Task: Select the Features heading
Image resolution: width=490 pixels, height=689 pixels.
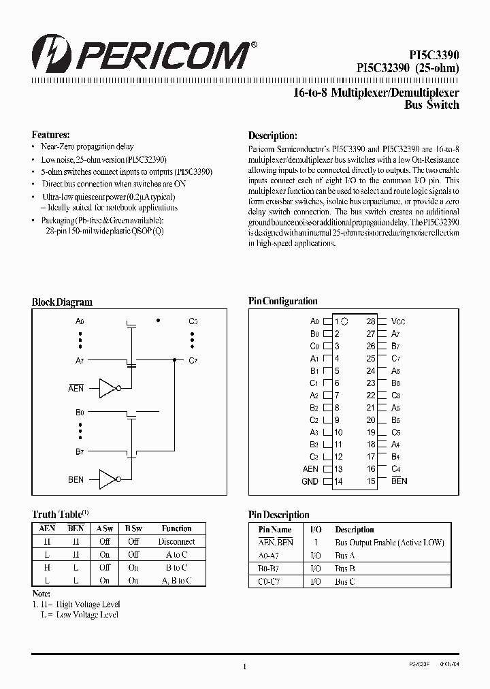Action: [x=50, y=135]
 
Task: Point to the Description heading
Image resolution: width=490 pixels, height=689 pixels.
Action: [x=272, y=135]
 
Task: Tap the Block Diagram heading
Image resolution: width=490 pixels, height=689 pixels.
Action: [x=62, y=302]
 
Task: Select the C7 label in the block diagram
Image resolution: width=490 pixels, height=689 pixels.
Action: [x=193, y=360]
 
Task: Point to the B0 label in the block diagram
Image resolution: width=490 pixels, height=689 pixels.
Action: [x=80, y=412]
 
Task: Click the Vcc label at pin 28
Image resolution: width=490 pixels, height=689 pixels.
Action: [x=399, y=321]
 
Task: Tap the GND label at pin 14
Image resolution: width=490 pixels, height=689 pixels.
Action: [x=310, y=481]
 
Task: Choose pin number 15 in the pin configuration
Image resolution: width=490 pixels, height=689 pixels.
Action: [x=371, y=481]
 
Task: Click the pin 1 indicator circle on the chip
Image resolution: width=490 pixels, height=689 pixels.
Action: [x=344, y=321]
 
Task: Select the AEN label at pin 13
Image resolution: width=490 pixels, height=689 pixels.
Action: [x=310, y=469]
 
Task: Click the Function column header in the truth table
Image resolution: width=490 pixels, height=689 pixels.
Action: [x=177, y=528]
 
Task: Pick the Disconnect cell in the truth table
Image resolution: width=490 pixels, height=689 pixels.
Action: [x=177, y=542]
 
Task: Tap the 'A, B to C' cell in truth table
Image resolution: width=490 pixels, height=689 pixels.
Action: [x=177, y=580]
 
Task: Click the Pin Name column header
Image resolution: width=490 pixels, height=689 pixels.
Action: [x=276, y=530]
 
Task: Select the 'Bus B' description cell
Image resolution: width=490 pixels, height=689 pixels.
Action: [x=345, y=568]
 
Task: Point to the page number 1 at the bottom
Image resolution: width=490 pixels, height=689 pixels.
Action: [x=244, y=667]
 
